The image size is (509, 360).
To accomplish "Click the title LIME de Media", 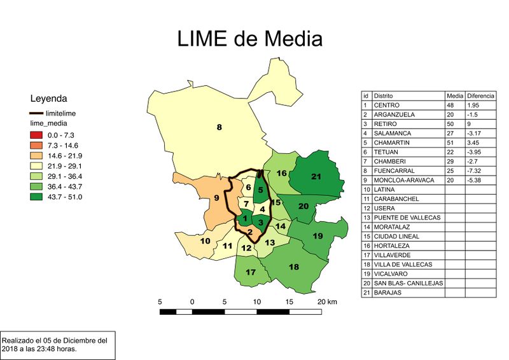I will point(250,39).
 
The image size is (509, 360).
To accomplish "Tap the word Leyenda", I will point(49,99).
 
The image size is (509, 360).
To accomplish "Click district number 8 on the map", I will point(219,128).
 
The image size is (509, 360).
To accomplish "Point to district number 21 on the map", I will point(316,176).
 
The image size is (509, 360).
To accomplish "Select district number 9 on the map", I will point(216,198).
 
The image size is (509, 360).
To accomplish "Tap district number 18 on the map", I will point(293,267).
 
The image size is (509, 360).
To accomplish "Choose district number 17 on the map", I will point(251,273).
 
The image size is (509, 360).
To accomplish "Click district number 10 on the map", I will point(206,241).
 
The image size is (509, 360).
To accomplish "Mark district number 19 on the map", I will point(318,236).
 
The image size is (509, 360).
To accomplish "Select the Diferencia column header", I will point(481,95).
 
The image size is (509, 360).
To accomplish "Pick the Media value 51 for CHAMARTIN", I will point(451,142).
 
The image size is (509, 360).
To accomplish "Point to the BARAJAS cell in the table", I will point(388,293).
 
